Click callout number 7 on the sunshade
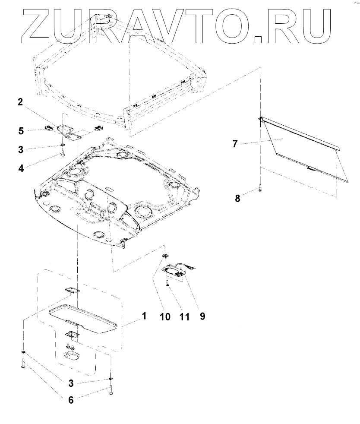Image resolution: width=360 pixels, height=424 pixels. pyautogui.click(x=235, y=144)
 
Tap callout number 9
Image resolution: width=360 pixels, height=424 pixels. pyautogui.click(x=202, y=316)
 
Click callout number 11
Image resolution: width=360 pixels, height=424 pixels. pyautogui.click(x=184, y=316)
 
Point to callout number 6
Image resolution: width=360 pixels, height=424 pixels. pyautogui.click(x=71, y=400)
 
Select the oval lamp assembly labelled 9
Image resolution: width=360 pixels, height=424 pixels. pyautogui.click(x=175, y=271)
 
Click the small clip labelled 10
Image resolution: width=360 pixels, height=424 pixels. pyautogui.click(x=165, y=256)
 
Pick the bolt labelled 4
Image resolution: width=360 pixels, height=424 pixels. pyautogui.click(x=63, y=153)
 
